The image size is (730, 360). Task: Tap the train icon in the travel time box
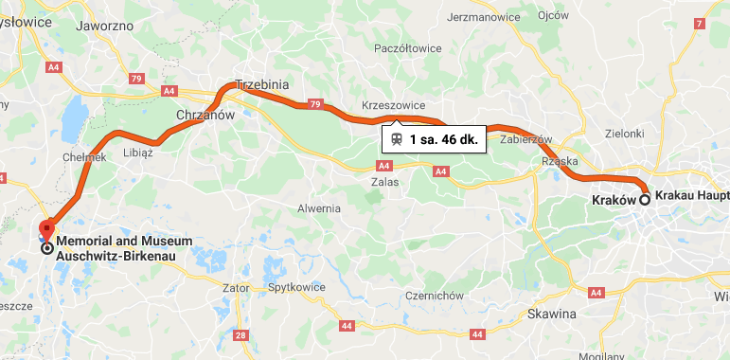(396, 139)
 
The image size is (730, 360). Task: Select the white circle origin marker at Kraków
(645, 199)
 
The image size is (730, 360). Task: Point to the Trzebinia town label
(260, 84)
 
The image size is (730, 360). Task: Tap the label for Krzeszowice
(394, 104)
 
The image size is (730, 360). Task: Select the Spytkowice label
(296, 286)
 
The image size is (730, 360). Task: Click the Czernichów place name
(433, 296)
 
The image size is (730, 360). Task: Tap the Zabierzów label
(525, 138)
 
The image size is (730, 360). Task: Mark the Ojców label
(553, 15)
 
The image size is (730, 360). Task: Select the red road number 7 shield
(699, 23)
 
